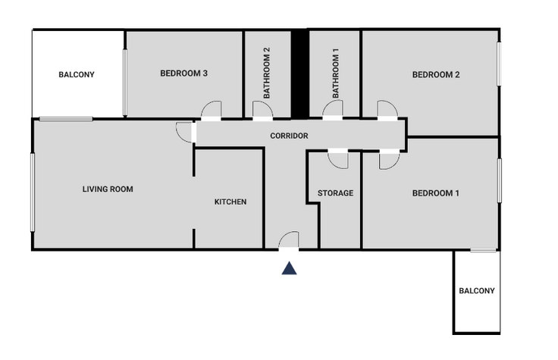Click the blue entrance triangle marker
(289, 268)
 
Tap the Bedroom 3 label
(183, 74)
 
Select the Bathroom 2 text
(267, 73)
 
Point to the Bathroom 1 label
(335, 74)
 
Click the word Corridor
(289, 136)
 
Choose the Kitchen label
(230, 202)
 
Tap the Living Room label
(108, 189)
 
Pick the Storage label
(335, 193)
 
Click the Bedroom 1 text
(436, 193)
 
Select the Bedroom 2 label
(436, 75)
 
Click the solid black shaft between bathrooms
(300, 74)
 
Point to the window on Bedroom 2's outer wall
(499, 64)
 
